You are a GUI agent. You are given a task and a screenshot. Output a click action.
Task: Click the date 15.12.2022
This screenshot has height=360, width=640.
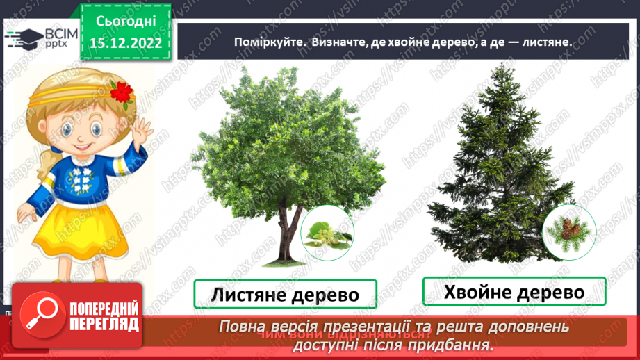(125, 43)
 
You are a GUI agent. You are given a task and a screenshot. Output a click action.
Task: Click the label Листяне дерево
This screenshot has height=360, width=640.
(285, 295)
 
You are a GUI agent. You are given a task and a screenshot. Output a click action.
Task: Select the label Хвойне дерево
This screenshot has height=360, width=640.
(514, 292)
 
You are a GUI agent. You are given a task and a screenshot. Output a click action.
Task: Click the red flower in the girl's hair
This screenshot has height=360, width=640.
(122, 91)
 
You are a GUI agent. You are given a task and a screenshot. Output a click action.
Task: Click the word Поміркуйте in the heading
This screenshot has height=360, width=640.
(268, 42)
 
